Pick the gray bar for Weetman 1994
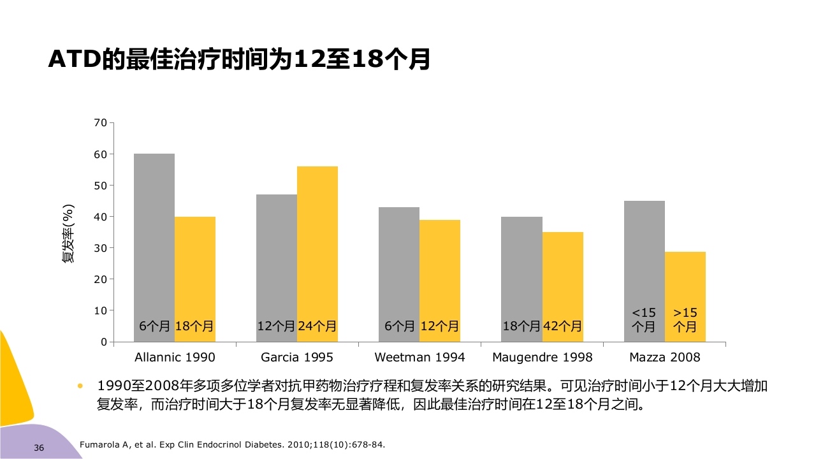coord(399,268)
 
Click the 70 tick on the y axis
coord(100,122)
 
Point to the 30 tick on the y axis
coord(100,248)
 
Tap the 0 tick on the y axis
coord(103,342)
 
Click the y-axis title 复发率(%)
coord(68,233)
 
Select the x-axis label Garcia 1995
coord(297,357)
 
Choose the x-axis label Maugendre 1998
coord(543,357)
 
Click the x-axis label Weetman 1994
coord(419,357)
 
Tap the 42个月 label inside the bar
coord(562,326)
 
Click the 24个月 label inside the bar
coord(317,326)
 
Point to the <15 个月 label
coord(644,320)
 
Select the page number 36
coord(39,448)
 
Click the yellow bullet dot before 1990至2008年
coord(80,386)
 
